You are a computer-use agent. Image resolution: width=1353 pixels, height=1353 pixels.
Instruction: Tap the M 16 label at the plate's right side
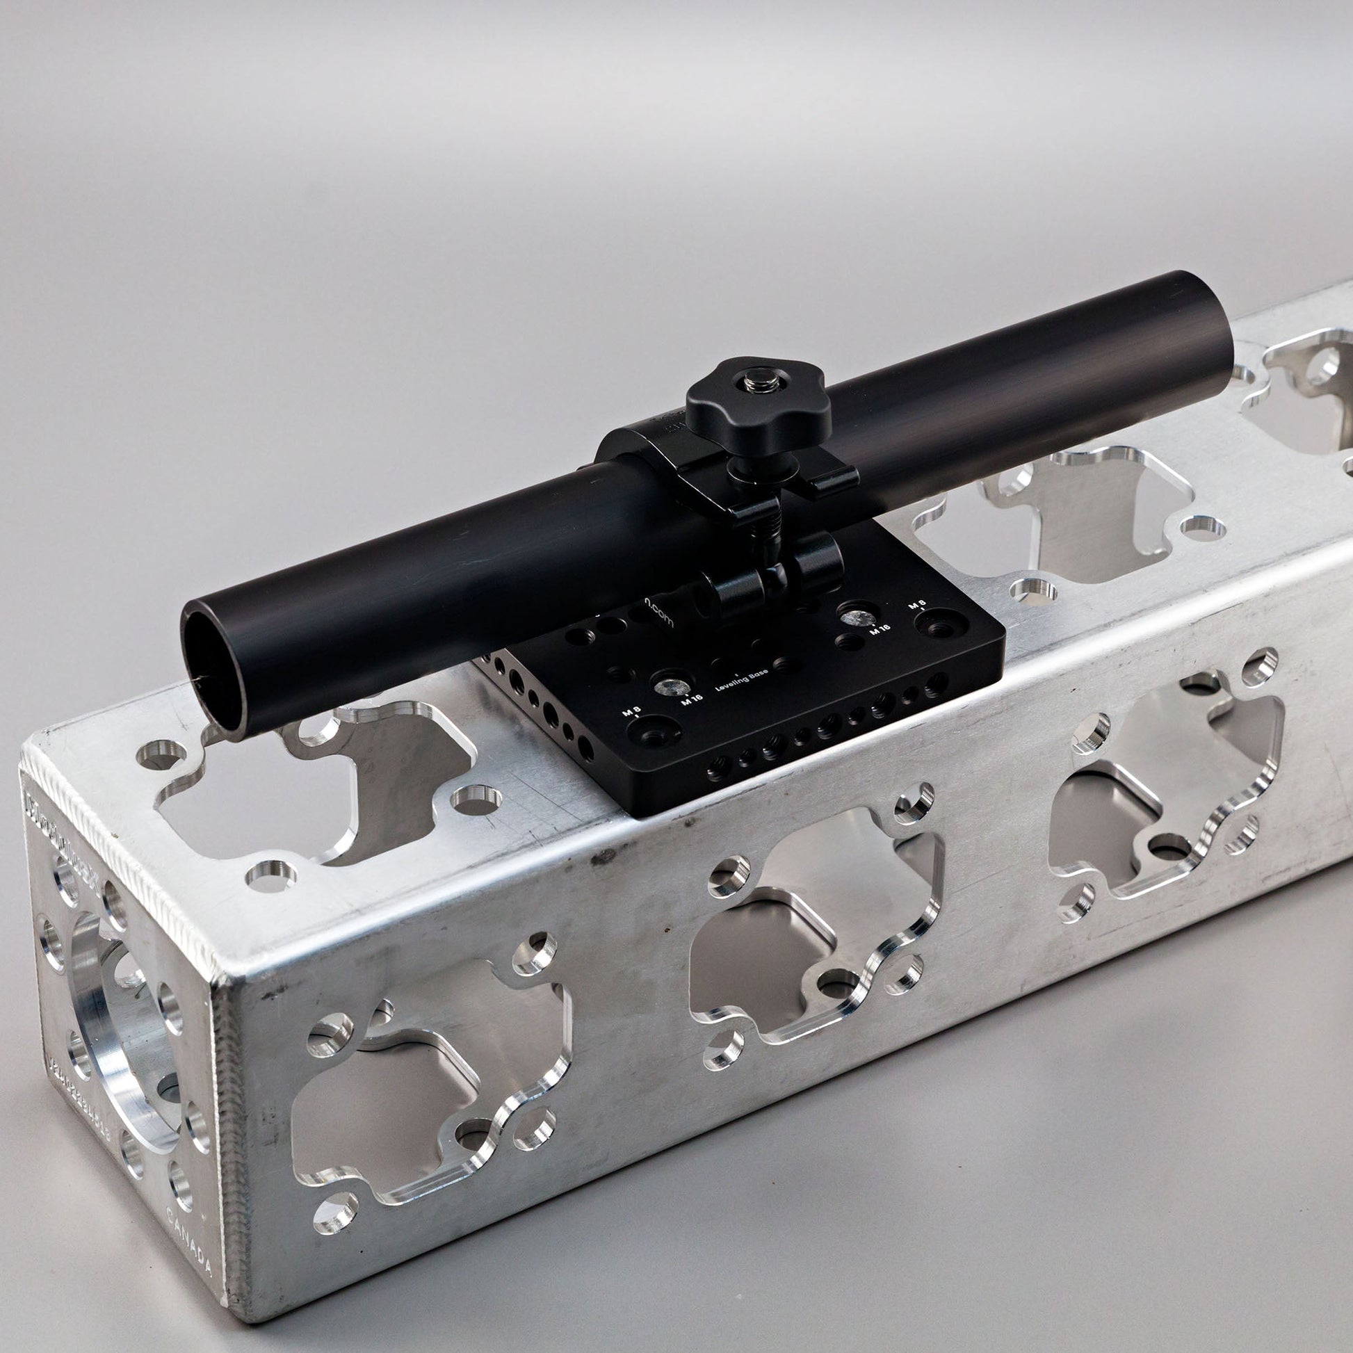pos(880,629)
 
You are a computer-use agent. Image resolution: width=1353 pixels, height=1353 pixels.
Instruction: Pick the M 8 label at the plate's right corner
pos(917,603)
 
